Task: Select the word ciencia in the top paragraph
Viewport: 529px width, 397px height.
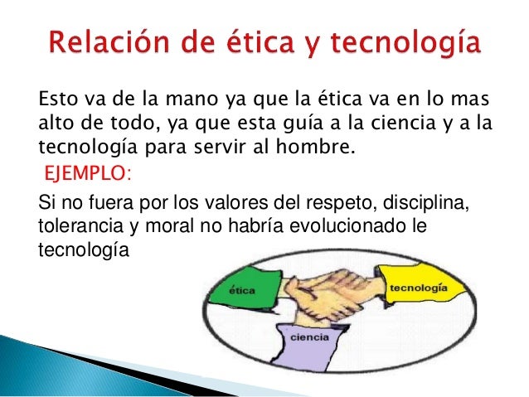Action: (x=394, y=125)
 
